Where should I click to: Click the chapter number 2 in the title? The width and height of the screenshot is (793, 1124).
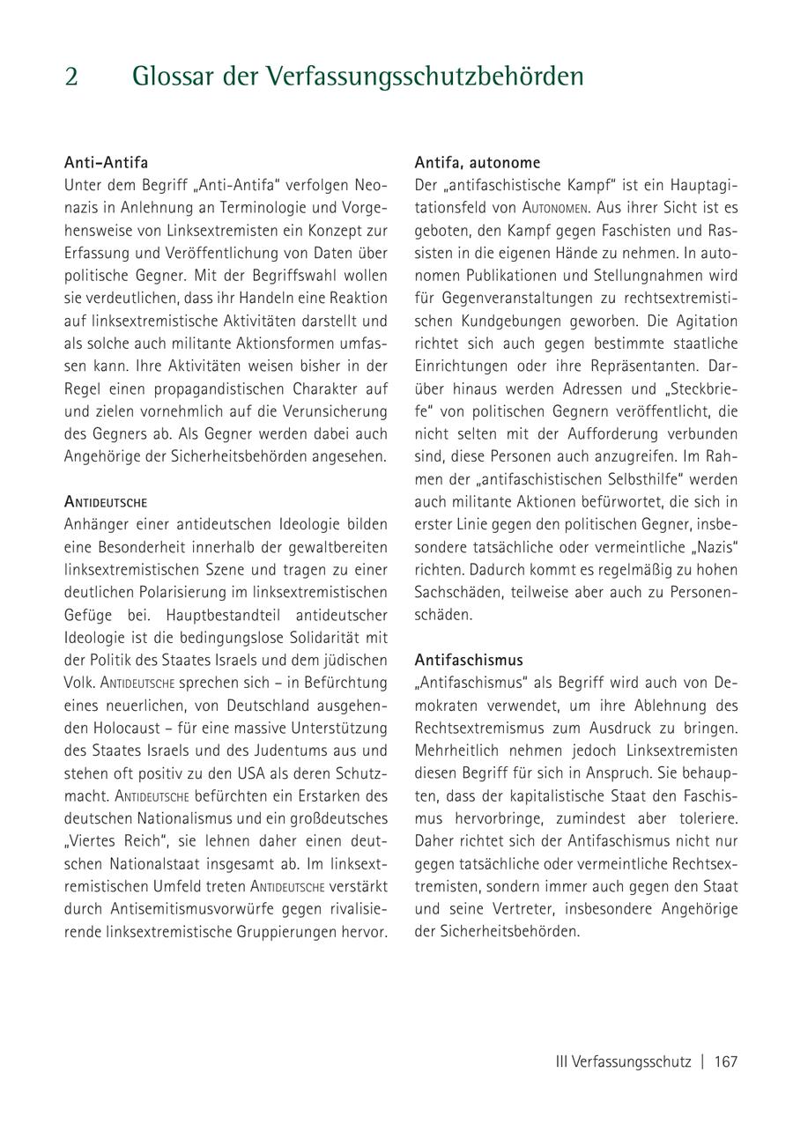coord(71,77)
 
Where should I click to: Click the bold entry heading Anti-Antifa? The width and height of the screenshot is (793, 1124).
coord(106,163)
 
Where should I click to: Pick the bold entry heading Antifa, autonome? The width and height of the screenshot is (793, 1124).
coord(478,163)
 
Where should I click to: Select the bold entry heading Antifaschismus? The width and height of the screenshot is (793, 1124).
coord(469,660)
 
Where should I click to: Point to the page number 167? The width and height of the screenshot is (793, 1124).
coord(725,1061)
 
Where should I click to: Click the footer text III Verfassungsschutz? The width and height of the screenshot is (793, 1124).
coord(623,1061)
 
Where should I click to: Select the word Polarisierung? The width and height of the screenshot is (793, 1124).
coord(174,592)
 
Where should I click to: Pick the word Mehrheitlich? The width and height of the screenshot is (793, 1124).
coord(457,751)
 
